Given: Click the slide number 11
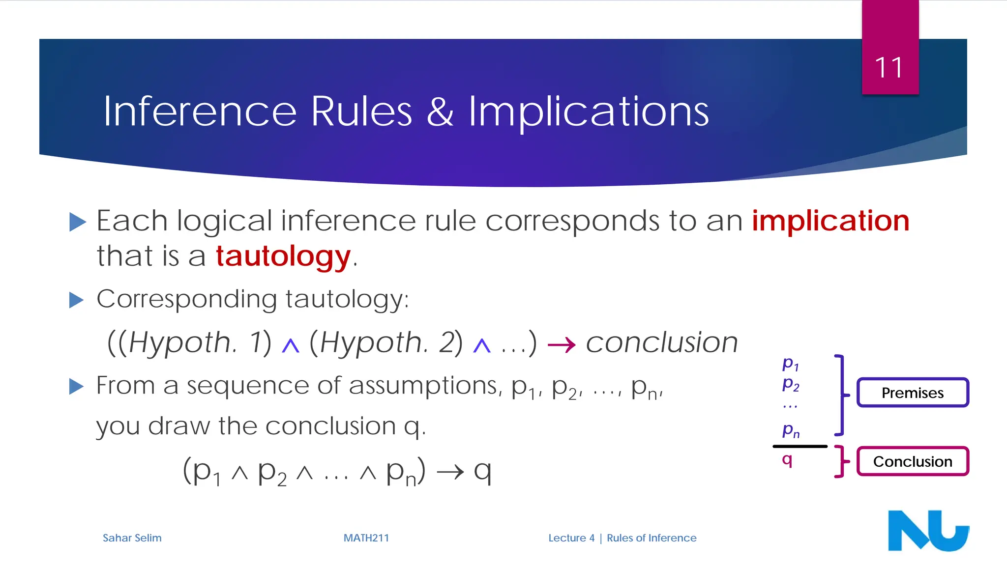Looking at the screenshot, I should [889, 67].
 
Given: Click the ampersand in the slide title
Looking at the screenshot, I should [440, 112].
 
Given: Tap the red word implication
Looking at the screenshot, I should [830, 221].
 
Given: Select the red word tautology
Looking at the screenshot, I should [283, 256].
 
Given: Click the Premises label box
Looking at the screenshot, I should [913, 393].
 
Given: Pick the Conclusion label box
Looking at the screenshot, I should [913, 461].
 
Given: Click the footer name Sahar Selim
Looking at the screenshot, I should [132, 538].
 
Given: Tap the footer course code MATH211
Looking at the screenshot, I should [366, 538].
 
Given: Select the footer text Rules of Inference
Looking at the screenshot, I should [652, 538].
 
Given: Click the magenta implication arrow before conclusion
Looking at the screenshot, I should [562, 345].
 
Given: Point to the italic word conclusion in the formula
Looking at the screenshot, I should [662, 342].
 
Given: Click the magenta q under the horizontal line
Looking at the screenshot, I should [787, 460].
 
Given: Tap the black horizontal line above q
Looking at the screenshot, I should [800, 446].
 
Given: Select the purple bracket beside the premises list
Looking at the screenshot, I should [841, 395].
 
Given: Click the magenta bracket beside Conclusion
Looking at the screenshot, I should [841, 462].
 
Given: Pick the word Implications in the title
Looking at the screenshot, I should [588, 112].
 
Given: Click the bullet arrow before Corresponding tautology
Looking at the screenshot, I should [77, 300].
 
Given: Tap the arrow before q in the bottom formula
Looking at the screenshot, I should [450, 472].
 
